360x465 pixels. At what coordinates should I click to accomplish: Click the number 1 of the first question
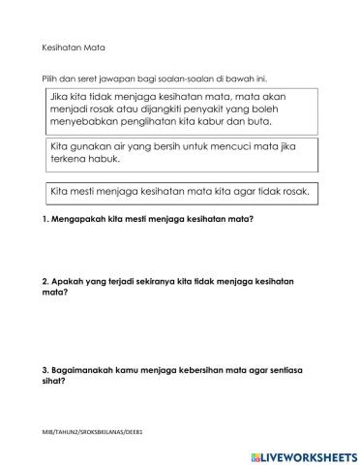tap(45, 219)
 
